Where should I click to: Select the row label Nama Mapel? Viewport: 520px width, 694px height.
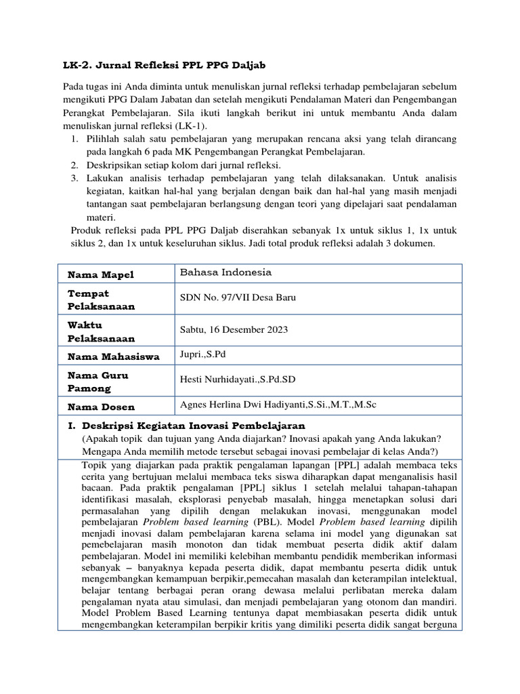(x=100, y=274)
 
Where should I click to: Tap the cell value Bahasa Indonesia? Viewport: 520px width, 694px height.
(x=225, y=272)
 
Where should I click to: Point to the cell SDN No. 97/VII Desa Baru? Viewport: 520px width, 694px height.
(x=237, y=298)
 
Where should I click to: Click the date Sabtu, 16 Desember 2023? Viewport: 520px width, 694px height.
(x=234, y=330)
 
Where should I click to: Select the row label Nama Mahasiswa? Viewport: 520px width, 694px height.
(x=113, y=356)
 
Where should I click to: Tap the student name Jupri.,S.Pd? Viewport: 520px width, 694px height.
(x=202, y=354)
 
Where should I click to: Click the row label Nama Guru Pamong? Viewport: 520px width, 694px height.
(x=97, y=382)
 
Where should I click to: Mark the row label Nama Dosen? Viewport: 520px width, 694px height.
(x=101, y=407)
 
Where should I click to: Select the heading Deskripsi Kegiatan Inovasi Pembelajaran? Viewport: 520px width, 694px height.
(x=194, y=426)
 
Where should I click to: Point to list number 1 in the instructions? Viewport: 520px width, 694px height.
(x=74, y=139)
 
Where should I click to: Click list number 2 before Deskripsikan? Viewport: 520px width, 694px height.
(x=74, y=165)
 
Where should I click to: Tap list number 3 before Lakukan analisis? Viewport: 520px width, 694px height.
(x=74, y=178)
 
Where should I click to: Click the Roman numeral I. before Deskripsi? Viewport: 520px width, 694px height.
(x=70, y=426)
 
